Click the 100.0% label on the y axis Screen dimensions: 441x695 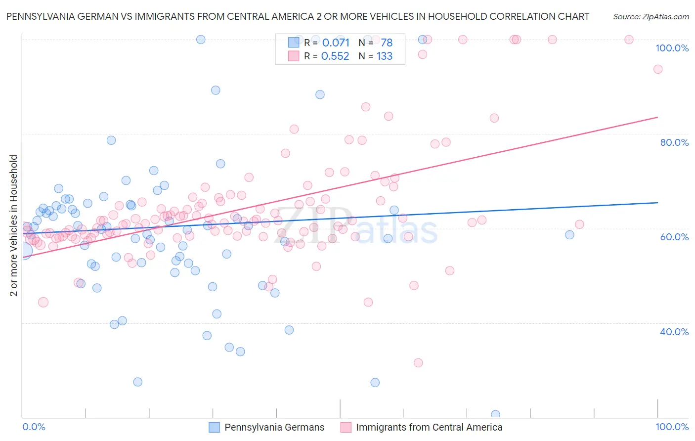672,48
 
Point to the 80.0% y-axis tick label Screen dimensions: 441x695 674,142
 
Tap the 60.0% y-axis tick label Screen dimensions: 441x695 674,237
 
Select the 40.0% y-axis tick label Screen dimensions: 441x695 674,332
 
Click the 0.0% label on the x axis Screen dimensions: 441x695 34,427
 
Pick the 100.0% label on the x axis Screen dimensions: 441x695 672,427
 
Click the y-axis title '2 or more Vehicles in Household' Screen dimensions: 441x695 14,225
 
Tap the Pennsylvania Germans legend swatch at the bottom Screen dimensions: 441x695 214,427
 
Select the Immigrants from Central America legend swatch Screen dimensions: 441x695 346,427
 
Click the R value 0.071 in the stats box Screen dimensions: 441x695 336,43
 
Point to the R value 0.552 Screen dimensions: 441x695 335,56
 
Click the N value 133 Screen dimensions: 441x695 385,56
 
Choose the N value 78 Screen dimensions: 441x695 387,43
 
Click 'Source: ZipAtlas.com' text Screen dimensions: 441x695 651,17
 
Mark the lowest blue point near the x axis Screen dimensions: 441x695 495,415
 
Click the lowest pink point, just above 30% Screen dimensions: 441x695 418,363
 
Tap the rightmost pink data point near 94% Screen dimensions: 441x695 657,69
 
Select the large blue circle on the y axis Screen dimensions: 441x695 23,251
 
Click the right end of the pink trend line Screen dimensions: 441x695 657,117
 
